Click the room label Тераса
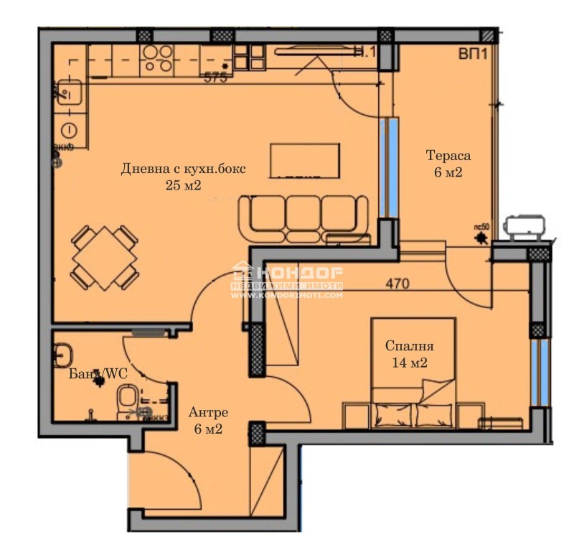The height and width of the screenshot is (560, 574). (x=449, y=156)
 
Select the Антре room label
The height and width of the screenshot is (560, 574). (x=208, y=413)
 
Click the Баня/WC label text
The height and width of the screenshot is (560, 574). (x=94, y=374)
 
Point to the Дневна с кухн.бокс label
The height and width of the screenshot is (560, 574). (x=183, y=169)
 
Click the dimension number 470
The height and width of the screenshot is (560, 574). (x=397, y=284)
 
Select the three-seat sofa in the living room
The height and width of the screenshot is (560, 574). (x=303, y=215)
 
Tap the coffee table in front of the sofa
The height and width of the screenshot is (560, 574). (x=304, y=160)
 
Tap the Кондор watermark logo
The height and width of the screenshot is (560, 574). (x=286, y=280)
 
